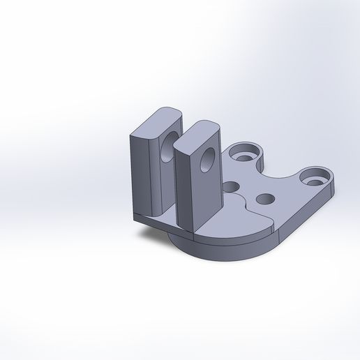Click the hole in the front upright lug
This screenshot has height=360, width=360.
click(x=207, y=160)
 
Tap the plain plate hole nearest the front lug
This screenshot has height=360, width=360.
click(x=230, y=186)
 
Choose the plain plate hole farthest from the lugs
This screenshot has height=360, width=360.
click(x=264, y=200)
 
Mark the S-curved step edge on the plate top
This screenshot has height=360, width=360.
click(x=241, y=209)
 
